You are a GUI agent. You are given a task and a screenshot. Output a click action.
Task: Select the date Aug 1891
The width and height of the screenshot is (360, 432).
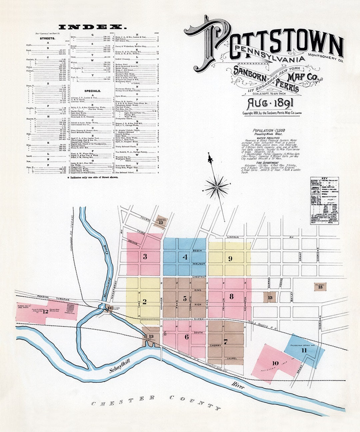pos(270,104)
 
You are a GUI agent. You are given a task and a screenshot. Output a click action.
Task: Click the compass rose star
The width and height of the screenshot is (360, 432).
pos(216,187)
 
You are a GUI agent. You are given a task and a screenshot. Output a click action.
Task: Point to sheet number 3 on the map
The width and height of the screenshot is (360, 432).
pos(145,257)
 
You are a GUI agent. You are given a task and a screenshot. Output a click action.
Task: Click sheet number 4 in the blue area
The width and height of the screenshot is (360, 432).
pos(185,257)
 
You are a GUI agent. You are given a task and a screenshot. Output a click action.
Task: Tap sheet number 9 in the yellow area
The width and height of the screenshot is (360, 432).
pos(230,258)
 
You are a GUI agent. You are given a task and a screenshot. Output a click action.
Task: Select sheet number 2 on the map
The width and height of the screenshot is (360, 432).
pos(144,302)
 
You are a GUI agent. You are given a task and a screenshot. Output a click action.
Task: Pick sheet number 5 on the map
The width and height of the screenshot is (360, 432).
pos(185,299)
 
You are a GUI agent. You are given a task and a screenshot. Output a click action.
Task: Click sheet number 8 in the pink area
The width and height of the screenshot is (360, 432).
pos(231,296)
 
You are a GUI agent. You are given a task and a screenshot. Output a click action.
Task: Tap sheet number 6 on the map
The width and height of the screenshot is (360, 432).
pos(187,337)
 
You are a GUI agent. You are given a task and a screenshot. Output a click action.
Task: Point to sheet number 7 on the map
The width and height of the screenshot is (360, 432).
pos(226,341)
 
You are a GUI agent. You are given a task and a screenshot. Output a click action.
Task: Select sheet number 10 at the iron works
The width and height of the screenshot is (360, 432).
pos(275,363)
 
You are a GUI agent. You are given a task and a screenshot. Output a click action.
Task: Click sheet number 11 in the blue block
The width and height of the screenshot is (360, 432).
pos(304,351)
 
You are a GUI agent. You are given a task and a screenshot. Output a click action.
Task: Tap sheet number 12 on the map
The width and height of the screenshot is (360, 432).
pos(45,312)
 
